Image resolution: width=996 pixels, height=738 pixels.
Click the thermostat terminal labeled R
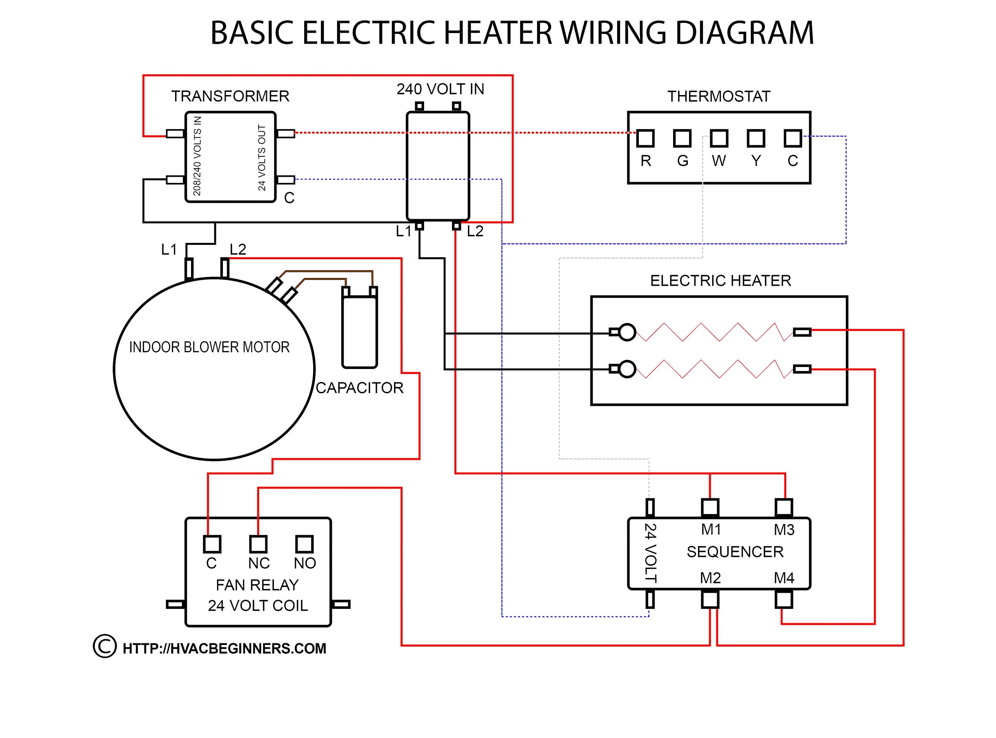(645, 139)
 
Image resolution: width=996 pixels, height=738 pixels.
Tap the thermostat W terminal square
(719, 139)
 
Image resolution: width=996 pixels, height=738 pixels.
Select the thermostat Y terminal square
(756, 139)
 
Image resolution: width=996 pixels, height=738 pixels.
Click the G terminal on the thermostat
(682, 139)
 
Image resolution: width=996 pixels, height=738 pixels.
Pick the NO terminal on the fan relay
(305, 544)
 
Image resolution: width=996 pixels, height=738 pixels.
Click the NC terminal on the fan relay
(258, 544)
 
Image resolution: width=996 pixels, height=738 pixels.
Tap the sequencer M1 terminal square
(710, 508)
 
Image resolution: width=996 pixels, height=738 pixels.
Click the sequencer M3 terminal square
(784, 508)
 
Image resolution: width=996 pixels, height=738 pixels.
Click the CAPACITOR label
(359, 388)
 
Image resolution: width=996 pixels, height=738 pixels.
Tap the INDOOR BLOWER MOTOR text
(209, 347)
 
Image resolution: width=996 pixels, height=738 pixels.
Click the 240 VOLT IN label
(440, 90)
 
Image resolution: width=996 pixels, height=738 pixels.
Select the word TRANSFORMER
(230, 96)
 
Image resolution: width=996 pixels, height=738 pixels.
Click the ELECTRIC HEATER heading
(721, 281)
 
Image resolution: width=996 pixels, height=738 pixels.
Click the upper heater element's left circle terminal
(627, 332)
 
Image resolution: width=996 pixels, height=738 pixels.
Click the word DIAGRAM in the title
(745, 33)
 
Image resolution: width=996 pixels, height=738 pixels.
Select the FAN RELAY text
(257, 585)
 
